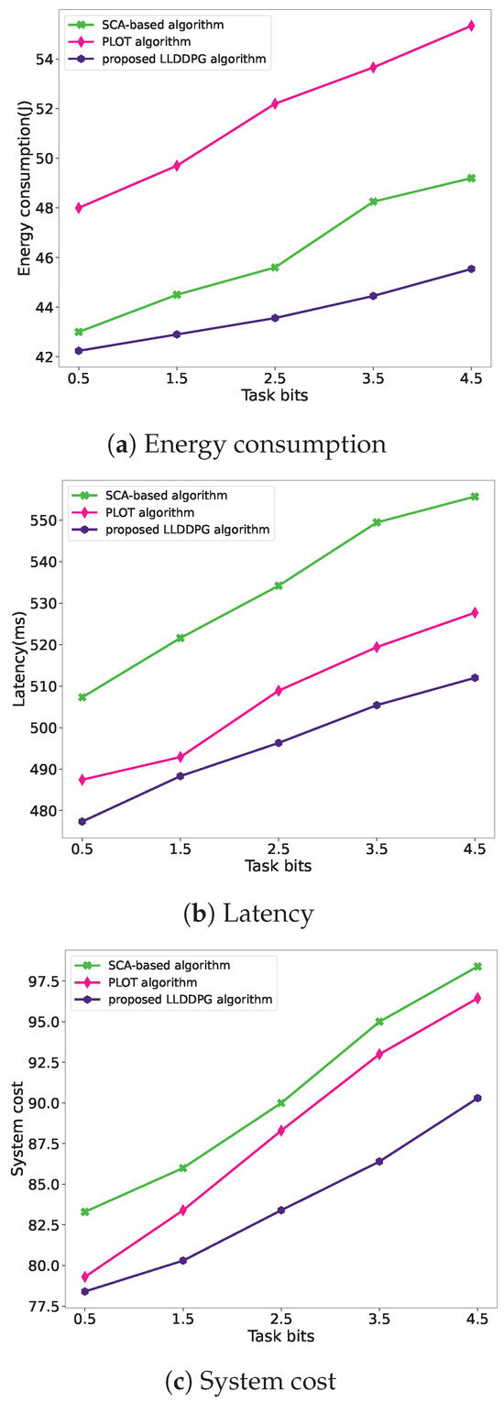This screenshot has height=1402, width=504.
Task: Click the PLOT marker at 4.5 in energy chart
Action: pyautogui.click(x=471, y=26)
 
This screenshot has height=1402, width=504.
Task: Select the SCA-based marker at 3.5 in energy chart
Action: pyautogui.click(x=373, y=202)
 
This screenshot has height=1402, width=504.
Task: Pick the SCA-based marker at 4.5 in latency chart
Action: pyautogui.click(x=475, y=497)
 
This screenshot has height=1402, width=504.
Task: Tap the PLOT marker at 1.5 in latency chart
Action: pyautogui.click(x=181, y=757)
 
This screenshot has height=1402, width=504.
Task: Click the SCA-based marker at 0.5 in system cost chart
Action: pyautogui.click(x=85, y=1211)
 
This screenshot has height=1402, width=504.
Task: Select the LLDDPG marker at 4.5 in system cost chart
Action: pyautogui.click(x=477, y=1098)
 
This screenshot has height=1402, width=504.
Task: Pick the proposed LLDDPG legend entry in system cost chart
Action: pyautogui.click(x=203, y=999)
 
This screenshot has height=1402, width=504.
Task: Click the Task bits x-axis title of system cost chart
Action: pyautogui.click(x=280, y=1336)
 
